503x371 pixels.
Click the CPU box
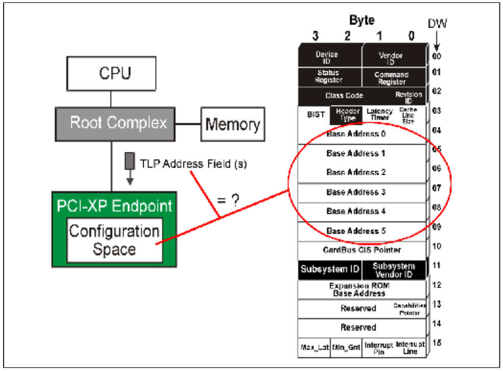[115, 73]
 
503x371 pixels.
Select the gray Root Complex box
[118, 123]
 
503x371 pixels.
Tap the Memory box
[232, 124]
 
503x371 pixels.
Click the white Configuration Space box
[114, 240]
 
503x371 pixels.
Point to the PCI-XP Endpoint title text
[114, 206]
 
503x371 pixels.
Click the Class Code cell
[345, 95]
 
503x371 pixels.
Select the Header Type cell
[348, 115]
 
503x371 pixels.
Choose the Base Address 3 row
[356, 192]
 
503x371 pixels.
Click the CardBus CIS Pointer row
[362, 250]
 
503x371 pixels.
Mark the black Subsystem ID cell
[329, 269]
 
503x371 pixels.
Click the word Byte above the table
[361, 21]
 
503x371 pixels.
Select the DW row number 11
[436, 265]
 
